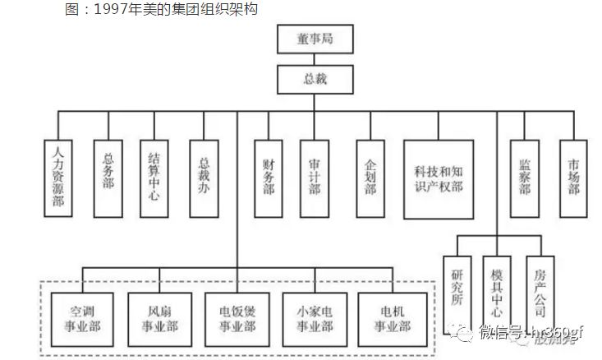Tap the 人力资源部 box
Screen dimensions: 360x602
pos(57,178)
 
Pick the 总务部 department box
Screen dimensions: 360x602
pos(108,173)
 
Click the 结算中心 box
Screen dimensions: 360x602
pos(154,177)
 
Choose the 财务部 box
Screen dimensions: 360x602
pos(268,177)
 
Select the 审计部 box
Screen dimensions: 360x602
pos(314,177)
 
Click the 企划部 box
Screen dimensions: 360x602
pos(370,177)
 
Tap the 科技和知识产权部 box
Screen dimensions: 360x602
pos(439,177)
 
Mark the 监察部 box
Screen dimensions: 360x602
pos(524,177)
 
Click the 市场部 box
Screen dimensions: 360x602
pos(573,177)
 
